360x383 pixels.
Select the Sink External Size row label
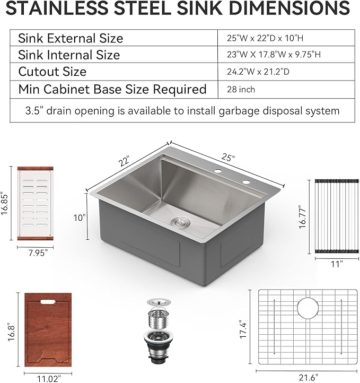[x=71, y=38]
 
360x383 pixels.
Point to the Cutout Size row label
[x=52, y=72]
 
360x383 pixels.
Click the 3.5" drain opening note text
[x=182, y=111]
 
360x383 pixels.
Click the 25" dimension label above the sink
[x=229, y=158]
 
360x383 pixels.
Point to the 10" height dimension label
[x=80, y=218]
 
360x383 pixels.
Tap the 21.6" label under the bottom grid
[x=308, y=377]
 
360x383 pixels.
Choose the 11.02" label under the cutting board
[x=48, y=378]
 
